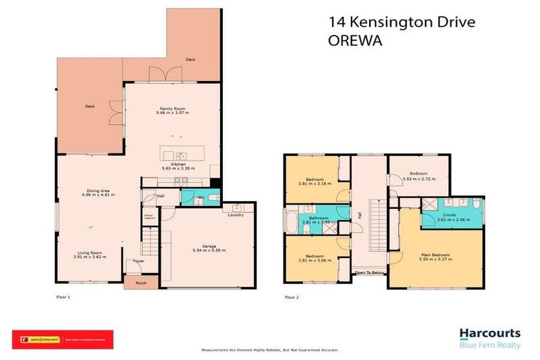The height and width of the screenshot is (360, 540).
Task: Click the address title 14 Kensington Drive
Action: (401, 22)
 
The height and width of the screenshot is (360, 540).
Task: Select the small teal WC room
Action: (191, 198)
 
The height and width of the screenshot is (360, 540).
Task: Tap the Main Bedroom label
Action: (435, 255)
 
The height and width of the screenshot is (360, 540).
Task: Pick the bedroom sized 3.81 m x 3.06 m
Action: (311, 259)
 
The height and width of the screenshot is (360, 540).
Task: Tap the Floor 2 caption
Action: (292, 297)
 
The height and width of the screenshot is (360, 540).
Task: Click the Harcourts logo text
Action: (489, 333)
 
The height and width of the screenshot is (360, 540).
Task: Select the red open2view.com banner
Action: (62, 340)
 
